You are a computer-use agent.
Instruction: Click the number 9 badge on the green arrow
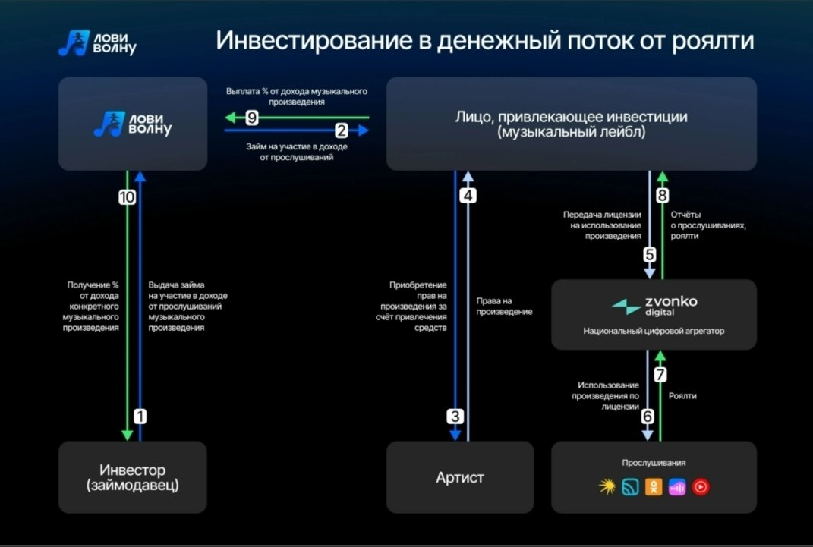click(251, 118)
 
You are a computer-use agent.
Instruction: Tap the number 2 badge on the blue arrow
click(341, 130)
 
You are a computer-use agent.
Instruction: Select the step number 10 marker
click(127, 197)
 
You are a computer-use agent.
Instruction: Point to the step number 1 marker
click(140, 416)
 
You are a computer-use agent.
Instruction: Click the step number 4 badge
click(468, 196)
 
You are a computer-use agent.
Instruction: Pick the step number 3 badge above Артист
click(455, 416)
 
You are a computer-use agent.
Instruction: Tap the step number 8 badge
click(662, 196)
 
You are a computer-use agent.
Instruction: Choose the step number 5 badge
click(650, 255)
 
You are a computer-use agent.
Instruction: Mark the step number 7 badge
click(660, 375)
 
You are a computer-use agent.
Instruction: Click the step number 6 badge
click(648, 416)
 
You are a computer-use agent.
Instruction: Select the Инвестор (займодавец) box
click(133, 477)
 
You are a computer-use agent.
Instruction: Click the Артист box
click(460, 477)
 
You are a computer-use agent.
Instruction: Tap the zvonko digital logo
click(654, 307)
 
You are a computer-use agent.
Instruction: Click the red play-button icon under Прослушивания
click(701, 486)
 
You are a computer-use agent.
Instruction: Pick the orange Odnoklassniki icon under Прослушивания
click(654, 486)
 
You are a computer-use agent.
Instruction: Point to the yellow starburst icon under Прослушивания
click(607, 486)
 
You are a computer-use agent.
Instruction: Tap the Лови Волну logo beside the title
click(97, 43)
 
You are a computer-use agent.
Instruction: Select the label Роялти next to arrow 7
click(682, 396)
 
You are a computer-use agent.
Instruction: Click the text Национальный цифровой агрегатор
click(654, 331)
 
